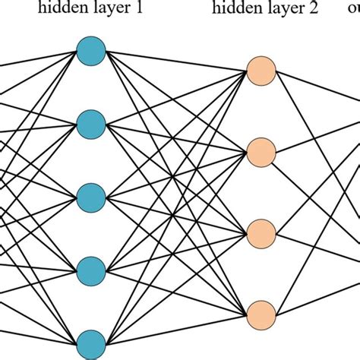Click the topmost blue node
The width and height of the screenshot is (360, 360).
tap(90, 52)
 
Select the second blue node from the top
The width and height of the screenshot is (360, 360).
tap(90, 123)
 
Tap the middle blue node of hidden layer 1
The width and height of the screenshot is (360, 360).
tap(90, 195)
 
